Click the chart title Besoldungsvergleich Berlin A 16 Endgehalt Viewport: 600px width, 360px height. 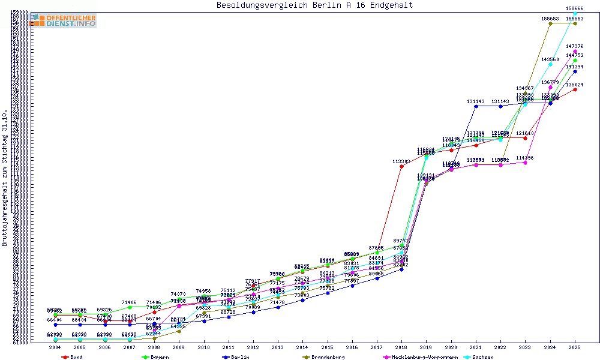tap(314, 5)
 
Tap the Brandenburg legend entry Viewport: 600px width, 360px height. tap(328, 357)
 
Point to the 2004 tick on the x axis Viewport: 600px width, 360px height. tap(55, 347)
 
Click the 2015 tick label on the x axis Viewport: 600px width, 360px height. tap(327, 347)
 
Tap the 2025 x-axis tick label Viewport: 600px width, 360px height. tap(575, 347)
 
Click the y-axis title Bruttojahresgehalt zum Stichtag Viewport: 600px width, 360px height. tap(5, 178)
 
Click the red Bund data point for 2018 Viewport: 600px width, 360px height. tap(401, 166)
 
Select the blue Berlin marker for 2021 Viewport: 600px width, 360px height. tap(476, 106)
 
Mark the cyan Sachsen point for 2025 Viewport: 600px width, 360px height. tap(575, 13)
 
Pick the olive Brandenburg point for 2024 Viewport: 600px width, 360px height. tap(550, 23)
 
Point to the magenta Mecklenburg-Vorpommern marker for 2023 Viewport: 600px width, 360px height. tap(526, 162)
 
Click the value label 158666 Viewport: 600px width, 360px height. tap(575, 8)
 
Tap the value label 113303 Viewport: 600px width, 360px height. tap(401, 161)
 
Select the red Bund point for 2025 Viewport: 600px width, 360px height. tap(575, 89)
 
